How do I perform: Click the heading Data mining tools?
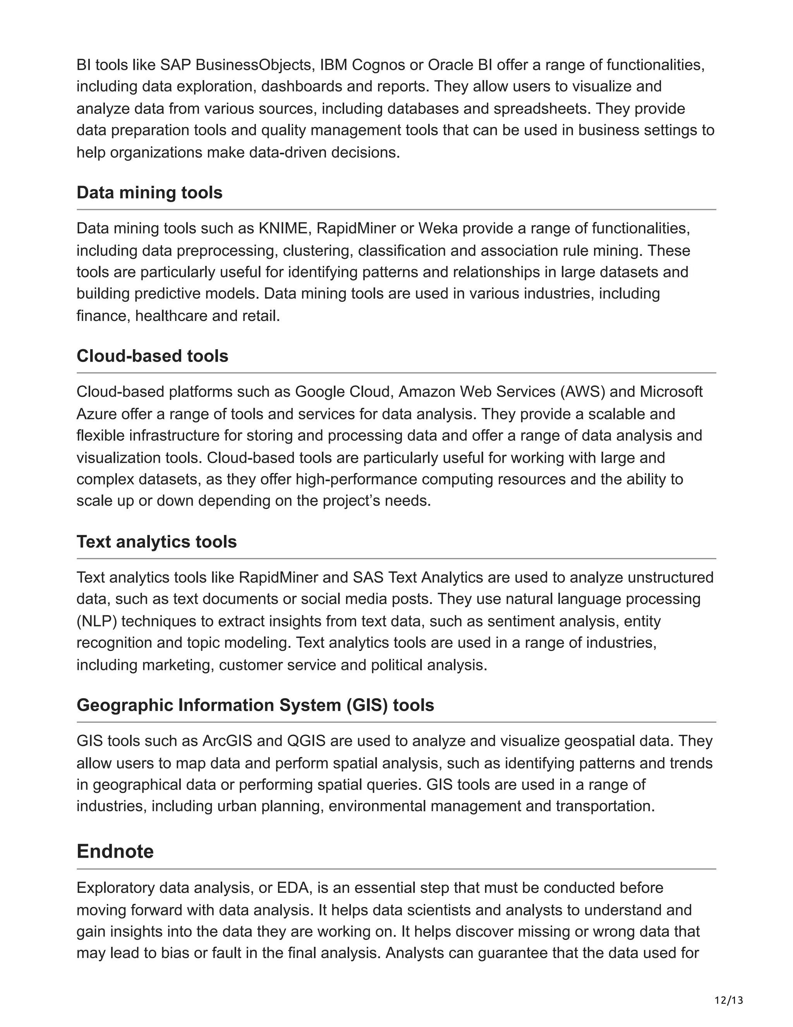click(149, 193)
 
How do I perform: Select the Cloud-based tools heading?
click(152, 356)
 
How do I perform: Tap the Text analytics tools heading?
click(156, 542)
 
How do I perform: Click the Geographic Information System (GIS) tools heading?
click(255, 705)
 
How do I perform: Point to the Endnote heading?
click(115, 851)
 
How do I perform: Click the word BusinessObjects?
click(255, 65)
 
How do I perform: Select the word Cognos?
click(378, 65)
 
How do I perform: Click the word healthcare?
click(171, 315)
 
